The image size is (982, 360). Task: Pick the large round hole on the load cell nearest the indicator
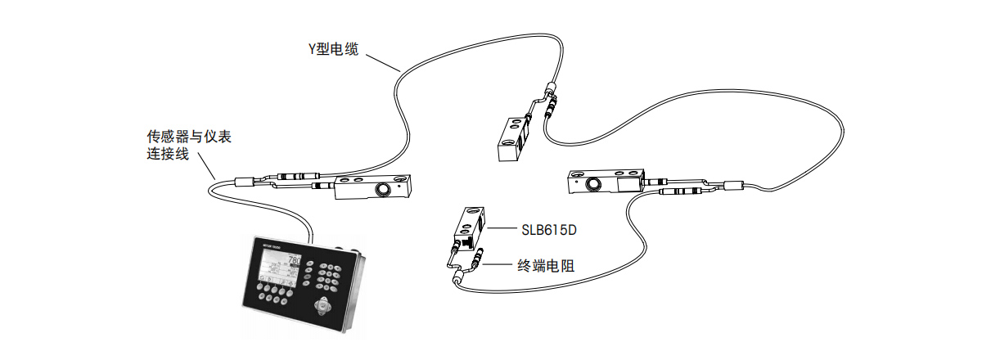tap(382, 190)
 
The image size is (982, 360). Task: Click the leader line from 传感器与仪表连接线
tap(207, 169)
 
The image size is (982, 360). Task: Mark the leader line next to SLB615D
tap(500, 231)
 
